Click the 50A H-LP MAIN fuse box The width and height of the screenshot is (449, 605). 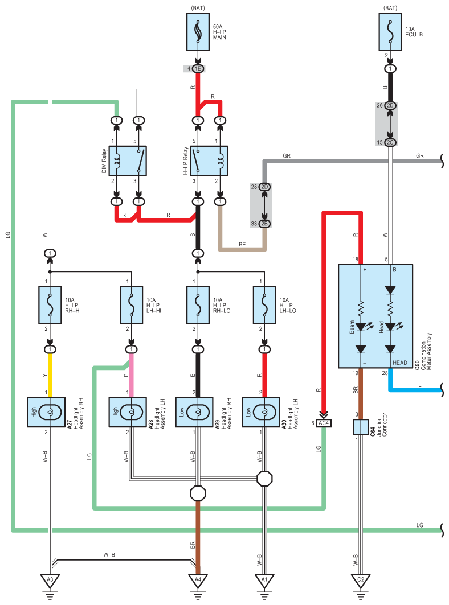pos(198,32)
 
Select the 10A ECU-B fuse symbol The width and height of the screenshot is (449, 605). pos(390,32)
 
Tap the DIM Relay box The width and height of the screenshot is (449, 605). pos(128,161)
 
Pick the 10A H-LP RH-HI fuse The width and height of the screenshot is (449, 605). pos(50,305)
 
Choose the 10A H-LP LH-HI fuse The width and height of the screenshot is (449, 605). pos(132,305)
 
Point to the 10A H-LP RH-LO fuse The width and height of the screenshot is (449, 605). pos(198,305)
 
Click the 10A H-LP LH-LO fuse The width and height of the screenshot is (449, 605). pos(265,305)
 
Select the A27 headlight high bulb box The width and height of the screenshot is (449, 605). pos(46,412)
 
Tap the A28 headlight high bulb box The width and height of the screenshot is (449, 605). pos(128,412)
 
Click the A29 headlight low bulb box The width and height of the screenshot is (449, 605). pos(194,412)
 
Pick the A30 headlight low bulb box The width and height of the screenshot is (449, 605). pos(261,412)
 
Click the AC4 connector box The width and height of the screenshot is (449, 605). pos(324,423)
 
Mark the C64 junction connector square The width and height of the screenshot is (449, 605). pos(361,427)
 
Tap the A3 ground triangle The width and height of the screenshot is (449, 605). pos(50,581)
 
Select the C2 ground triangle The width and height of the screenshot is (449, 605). pos(361,581)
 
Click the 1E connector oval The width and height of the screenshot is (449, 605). pos(198,69)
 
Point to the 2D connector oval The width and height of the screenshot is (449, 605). pos(265,187)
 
